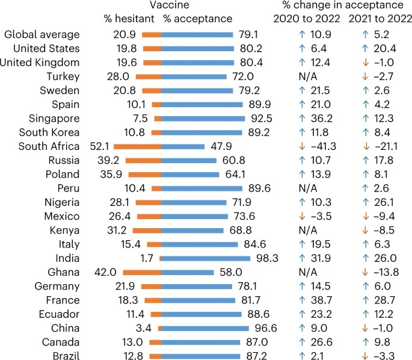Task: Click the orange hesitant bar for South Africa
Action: pos(137,146)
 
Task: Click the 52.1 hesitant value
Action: pos(100,146)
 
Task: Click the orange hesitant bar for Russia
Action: pos(146,160)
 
